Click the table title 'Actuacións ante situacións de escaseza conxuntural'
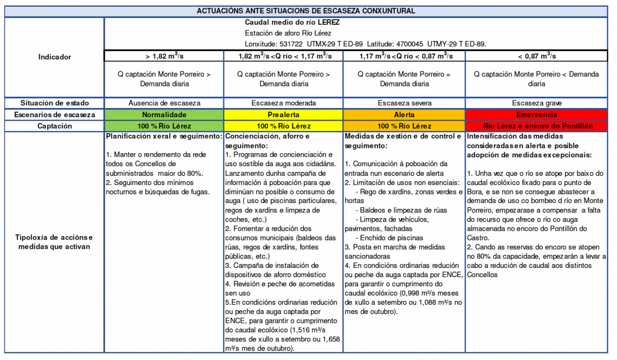coord(306,11)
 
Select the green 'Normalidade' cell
coord(164,115)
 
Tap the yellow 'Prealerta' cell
coord(284,115)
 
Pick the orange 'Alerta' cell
coord(404,115)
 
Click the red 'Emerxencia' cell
coord(536,115)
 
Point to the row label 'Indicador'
coord(55,57)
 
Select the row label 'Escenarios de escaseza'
coord(55,115)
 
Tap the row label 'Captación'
coord(55,126)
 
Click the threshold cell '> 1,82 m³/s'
coord(164,56)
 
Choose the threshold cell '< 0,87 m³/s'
coord(536,56)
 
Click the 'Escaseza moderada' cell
coord(284,103)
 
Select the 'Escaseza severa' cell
coord(404,103)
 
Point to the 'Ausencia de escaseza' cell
coord(164,103)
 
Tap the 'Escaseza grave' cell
coord(536,103)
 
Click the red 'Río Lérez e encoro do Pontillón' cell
coord(536,126)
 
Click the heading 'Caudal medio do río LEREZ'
coord(292,23)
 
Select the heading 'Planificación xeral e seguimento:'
coord(164,136)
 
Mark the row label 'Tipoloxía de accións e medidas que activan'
coord(55,242)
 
